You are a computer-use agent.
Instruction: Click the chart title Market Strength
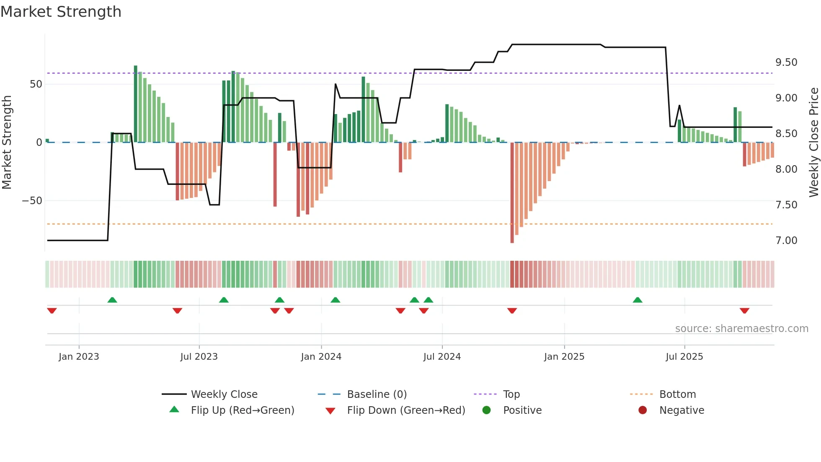click(61, 12)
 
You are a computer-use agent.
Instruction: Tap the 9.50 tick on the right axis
click(786, 62)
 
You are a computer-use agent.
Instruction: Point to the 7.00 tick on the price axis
click(786, 241)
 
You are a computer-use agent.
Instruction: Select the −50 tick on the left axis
click(32, 201)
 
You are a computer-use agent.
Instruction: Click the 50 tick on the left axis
click(36, 84)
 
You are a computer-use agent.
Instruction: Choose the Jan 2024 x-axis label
click(321, 357)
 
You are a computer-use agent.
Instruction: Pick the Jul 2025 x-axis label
click(684, 357)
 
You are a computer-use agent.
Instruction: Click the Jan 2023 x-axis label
click(79, 357)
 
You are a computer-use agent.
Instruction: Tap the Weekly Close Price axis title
click(813, 143)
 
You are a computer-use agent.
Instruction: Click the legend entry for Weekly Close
click(224, 395)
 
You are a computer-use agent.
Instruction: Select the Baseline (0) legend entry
click(377, 395)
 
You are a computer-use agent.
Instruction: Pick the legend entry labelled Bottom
click(677, 395)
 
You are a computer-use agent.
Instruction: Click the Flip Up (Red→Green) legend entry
click(242, 410)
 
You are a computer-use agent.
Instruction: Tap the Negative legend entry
click(682, 410)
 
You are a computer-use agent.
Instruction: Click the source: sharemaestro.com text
click(741, 329)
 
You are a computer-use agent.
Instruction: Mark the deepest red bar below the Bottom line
click(512, 193)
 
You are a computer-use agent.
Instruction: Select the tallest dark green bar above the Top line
click(136, 104)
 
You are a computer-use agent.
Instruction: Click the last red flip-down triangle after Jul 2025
click(744, 311)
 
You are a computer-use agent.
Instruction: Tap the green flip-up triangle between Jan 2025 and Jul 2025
click(638, 300)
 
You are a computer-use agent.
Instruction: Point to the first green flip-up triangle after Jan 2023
click(112, 300)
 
